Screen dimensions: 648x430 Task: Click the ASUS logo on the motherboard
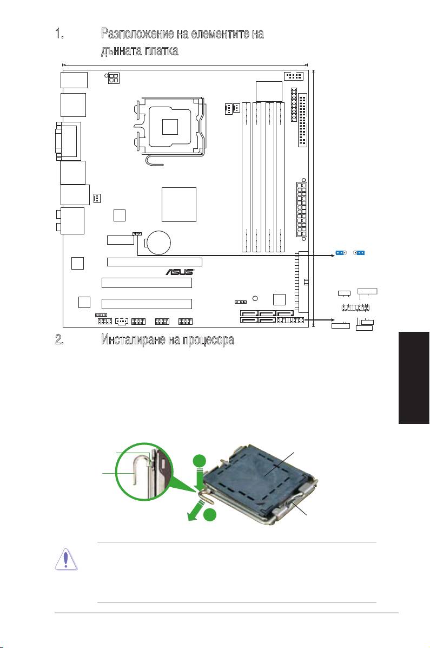pyautogui.click(x=179, y=272)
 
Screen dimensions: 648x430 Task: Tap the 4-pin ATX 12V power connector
pyautogui.click(x=114, y=79)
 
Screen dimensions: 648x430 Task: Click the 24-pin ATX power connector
pyautogui.click(x=302, y=210)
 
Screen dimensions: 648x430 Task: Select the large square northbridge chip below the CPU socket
pyautogui.click(x=179, y=204)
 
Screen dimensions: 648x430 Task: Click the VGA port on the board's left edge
pyautogui.click(x=68, y=140)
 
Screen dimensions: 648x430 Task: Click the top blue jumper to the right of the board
pyautogui.click(x=340, y=253)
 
